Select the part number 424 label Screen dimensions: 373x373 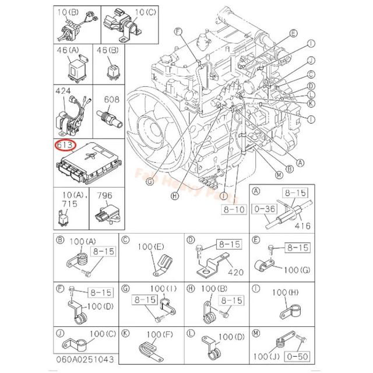tap(63, 92)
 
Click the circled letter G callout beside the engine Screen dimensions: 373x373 tap(149, 182)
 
